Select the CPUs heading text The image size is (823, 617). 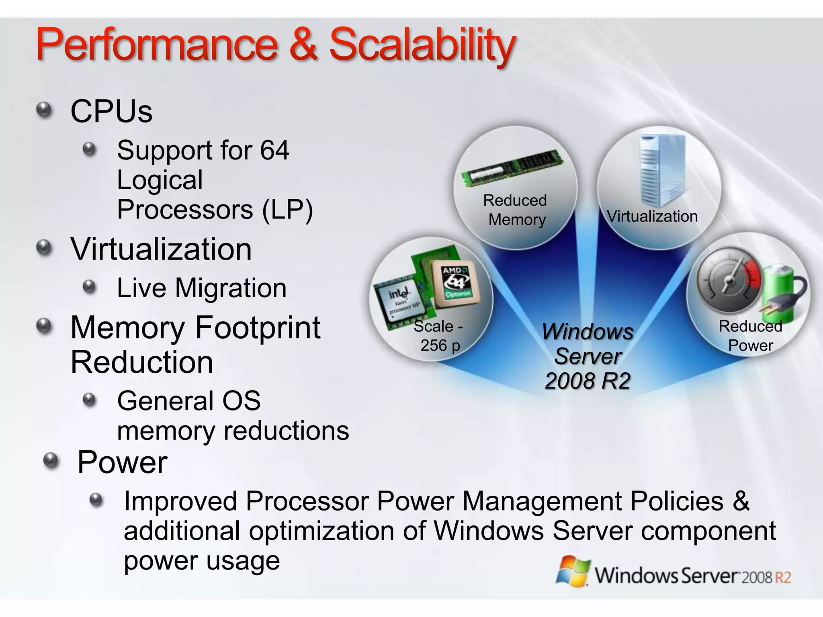tap(111, 111)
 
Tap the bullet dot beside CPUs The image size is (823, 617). tap(44, 109)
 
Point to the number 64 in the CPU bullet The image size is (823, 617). tap(274, 150)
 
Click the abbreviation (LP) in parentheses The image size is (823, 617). tap(287, 210)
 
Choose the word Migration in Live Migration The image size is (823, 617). tap(231, 288)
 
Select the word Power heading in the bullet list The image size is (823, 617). tap(122, 462)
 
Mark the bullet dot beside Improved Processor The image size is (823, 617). tap(96, 500)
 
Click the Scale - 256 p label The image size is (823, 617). tap(439, 336)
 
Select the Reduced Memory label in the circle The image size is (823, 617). tap(516, 210)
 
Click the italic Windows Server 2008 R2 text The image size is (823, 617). tap(588, 356)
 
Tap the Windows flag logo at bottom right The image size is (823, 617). tap(573, 571)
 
